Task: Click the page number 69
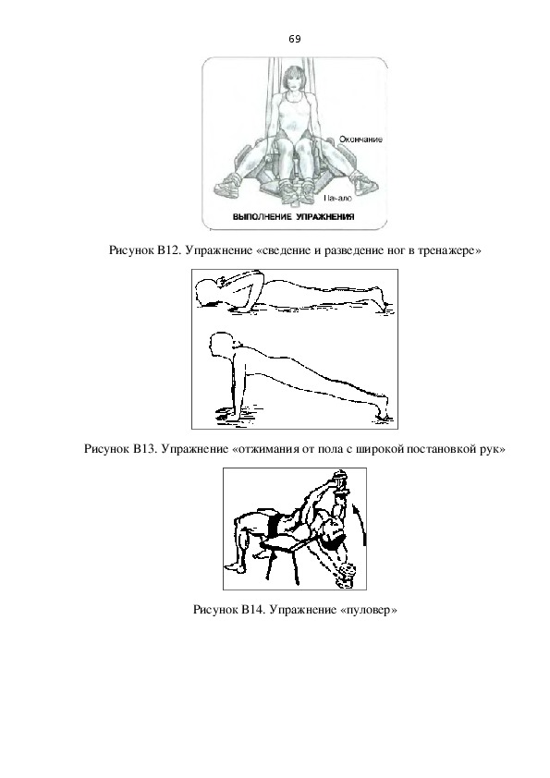[x=294, y=39]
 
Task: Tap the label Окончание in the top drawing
[x=361, y=140]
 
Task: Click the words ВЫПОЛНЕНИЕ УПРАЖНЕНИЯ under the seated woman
[x=293, y=217]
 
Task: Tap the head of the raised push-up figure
[x=221, y=344]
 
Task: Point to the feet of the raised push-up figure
[x=384, y=410]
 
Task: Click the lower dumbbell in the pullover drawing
[x=346, y=577]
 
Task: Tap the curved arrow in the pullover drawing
[x=361, y=524]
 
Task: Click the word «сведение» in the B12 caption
[x=285, y=250]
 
